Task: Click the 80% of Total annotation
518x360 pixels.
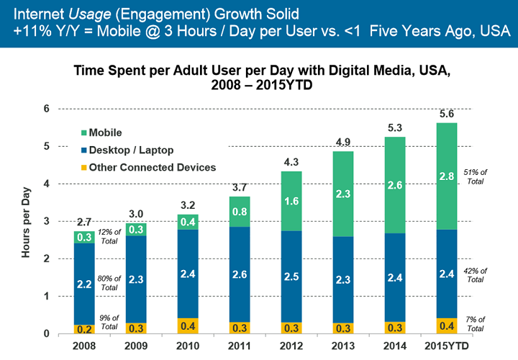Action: click(x=109, y=282)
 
